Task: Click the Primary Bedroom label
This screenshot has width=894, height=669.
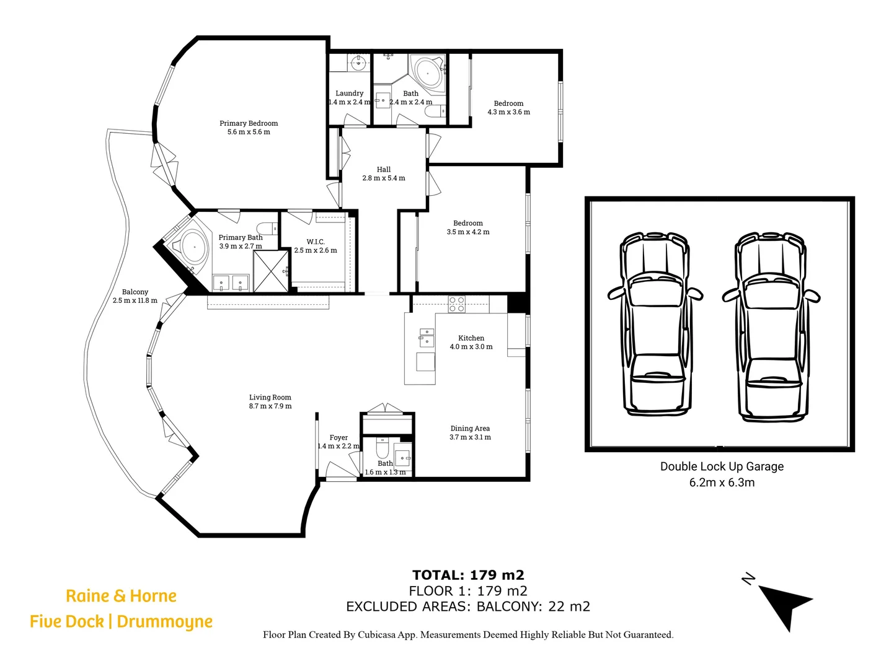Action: (x=249, y=123)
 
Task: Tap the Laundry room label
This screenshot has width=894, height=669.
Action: (x=349, y=94)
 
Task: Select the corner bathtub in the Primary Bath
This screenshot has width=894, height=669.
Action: (x=193, y=247)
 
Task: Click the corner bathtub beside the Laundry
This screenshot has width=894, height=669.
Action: (x=427, y=72)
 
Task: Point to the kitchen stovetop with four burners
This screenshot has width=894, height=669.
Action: (x=457, y=304)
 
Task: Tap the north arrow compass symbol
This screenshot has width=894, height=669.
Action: (x=782, y=604)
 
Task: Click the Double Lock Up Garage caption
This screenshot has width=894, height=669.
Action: (x=722, y=466)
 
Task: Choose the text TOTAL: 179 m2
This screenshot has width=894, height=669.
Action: (x=468, y=575)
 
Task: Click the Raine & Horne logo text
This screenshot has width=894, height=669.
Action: (x=122, y=596)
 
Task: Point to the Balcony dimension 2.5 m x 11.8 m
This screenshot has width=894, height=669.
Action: (x=135, y=300)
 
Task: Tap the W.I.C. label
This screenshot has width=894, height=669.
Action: (x=316, y=242)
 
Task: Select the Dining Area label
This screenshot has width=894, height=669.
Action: (x=470, y=428)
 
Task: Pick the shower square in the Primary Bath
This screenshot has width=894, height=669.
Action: (x=271, y=271)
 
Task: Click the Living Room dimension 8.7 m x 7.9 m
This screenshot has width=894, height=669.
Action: (x=270, y=406)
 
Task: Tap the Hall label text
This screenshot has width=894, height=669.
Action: (x=384, y=169)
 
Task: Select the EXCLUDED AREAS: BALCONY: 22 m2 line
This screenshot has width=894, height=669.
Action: (x=468, y=607)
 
